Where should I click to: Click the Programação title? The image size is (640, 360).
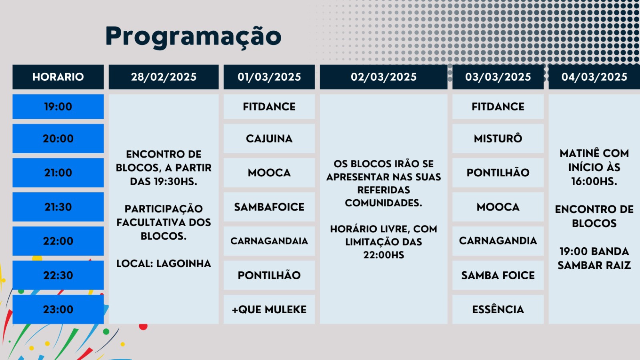pyautogui.click(x=194, y=36)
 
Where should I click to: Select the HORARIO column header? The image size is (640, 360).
pyautogui.click(x=58, y=77)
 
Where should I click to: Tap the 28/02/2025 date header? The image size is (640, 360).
pyautogui.click(x=164, y=77)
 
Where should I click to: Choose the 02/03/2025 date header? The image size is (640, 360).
pyautogui.click(x=384, y=77)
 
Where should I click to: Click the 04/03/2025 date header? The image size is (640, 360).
pyautogui.click(x=594, y=77)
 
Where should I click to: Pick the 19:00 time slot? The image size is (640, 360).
pyautogui.click(x=58, y=106)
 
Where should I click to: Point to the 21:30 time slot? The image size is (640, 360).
pyautogui.click(x=58, y=207)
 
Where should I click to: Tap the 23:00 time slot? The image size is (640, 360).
pyautogui.click(x=58, y=310)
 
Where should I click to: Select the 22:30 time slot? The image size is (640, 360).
pyautogui.click(x=58, y=275)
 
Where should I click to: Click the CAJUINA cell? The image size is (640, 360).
pyautogui.click(x=269, y=138)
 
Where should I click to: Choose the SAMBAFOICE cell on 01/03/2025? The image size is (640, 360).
pyautogui.click(x=269, y=207)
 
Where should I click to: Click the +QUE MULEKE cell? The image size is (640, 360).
pyautogui.click(x=269, y=310)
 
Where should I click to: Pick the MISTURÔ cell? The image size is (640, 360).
pyautogui.click(x=498, y=138)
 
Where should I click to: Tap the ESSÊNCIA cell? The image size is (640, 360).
pyautogui.click(x=498, y=310)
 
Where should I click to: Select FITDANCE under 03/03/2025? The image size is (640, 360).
pyautogui.click(x=498, y=106)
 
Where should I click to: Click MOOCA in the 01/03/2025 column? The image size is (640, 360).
pyautogui.click(x=269, y=172)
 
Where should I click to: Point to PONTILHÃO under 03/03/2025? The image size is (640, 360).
pyautogui.click(x=498, y=172)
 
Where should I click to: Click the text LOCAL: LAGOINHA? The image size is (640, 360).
pyautogui.click(x=164, y=264)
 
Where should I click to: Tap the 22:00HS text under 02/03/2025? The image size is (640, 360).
pyautogui.click(x=384, y=255)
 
